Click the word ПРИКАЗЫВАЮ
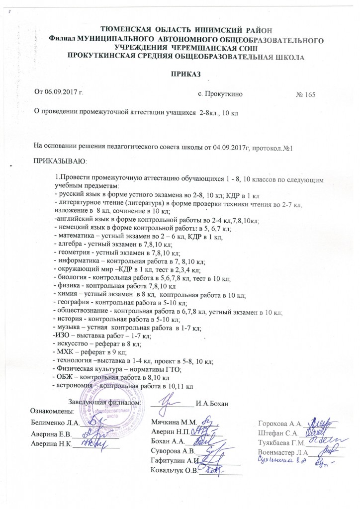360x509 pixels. (59, 161)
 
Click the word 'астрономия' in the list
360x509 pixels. (75, 385)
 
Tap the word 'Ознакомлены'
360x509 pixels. (52, 411)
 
